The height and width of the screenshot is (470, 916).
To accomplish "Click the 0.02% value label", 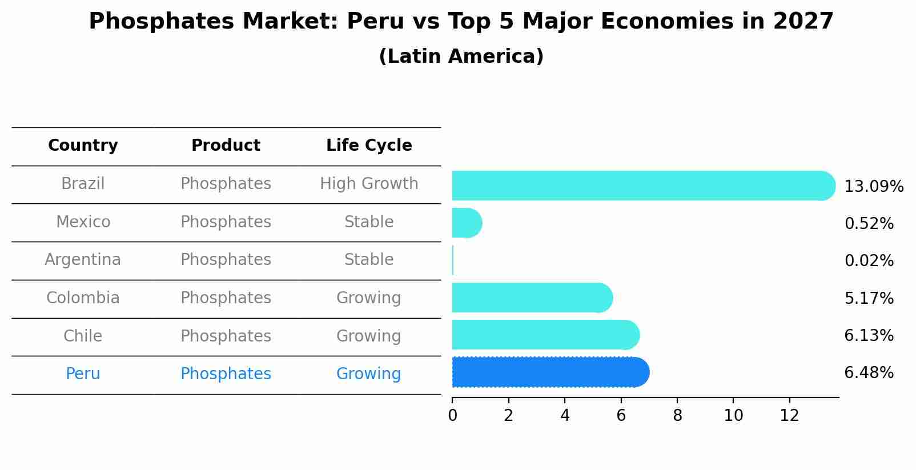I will click(869, 261).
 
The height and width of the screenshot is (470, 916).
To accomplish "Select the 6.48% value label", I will click(869, 373).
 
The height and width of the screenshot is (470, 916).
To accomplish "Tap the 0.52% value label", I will click(869, 224).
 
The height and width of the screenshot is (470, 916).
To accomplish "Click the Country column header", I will click(83, 146).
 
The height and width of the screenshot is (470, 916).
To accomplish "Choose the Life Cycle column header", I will click(369, 146).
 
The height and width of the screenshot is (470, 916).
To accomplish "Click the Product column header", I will click(226, 146).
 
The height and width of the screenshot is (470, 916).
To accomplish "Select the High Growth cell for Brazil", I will click(369, 184).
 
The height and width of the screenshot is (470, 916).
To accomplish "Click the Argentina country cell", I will click(83, 260).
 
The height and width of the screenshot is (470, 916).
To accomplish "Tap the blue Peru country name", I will click(83, 374).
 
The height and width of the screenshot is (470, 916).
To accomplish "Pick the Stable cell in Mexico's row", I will click(369, 222).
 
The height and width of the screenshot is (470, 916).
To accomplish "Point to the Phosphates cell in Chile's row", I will click(226, 336).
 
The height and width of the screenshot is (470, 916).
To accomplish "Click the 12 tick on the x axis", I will click(789, 416).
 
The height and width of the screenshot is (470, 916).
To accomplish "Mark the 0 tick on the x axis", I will click(452, 416).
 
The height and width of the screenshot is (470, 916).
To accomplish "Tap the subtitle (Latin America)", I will click(461, 57).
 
